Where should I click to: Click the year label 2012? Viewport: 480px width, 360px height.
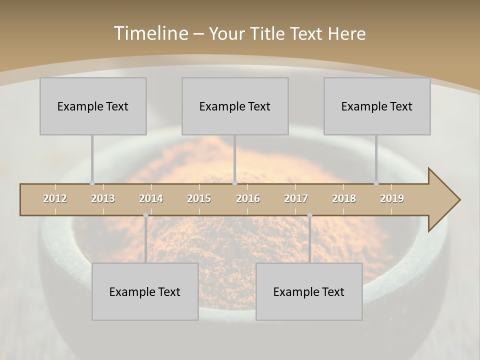55,198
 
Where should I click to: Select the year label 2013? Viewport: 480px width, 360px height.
103,198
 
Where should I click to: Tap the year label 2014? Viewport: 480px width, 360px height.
151,198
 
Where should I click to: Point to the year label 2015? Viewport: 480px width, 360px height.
199,198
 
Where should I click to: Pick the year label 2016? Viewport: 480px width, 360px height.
248,198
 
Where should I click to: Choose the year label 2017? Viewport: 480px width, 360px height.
296,198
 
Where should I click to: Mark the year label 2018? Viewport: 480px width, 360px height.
344,198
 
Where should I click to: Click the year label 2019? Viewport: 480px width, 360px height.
392,198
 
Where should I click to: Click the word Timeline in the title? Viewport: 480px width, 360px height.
150,33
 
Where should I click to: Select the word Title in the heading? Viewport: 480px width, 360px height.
269,34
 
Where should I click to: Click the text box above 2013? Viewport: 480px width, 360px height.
93,106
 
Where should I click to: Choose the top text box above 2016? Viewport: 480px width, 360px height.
235,106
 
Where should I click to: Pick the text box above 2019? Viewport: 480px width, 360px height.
377,106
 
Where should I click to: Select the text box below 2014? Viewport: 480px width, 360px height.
145,291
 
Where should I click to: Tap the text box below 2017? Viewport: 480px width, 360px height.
309,291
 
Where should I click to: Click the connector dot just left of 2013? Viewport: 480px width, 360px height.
92,183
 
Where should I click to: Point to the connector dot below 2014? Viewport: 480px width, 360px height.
145,215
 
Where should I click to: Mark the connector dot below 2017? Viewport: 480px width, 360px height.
309,215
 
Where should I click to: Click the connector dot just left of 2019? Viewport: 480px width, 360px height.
376,183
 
